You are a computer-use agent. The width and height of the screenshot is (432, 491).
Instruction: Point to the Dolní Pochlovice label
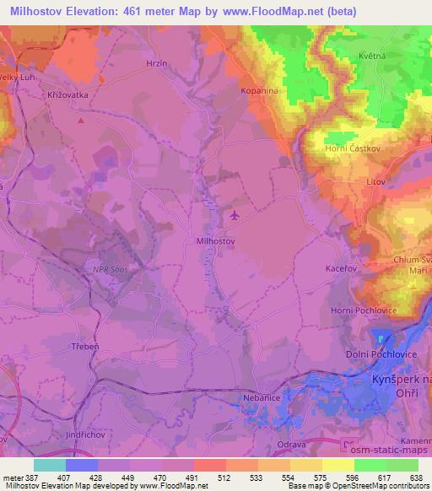[381, 355]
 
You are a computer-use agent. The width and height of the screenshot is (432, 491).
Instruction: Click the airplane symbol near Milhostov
[235, 214]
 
